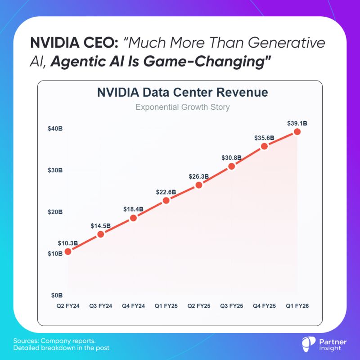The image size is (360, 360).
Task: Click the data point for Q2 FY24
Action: click(x=68, y=252)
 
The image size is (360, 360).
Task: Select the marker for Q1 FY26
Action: click(x=297, y=131)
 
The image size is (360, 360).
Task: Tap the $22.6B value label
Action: click(x=166, y=192)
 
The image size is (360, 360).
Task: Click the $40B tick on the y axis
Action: click(x=55, y=129)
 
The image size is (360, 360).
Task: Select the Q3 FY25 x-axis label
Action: click(x=232, y=306)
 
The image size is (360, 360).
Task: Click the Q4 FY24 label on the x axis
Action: click(x=133, y=306)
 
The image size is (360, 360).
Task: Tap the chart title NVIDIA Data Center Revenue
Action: click(x=183, y=93)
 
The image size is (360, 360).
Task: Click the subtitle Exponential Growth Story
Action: click(x=183, y=108)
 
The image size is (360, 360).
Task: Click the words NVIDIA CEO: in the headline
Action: click(x=74, y=43)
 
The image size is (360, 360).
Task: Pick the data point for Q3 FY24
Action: click(x=101, y=234)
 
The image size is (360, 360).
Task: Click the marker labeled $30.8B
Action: click(x=232, y=166)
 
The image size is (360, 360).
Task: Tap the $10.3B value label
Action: click(x=68, y=243)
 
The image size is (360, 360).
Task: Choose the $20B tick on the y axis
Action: click(x=55, y=212)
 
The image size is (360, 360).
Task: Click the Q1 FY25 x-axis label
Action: click(x=166, y=306)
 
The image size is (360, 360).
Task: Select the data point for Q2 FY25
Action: click(x=199, y=185)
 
